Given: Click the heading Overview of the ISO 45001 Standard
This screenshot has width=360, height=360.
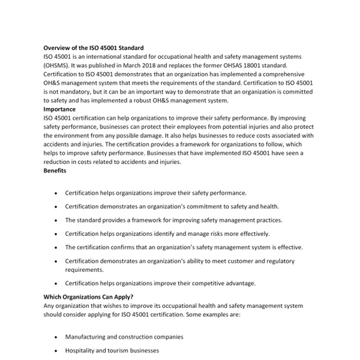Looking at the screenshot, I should tap(93, 48).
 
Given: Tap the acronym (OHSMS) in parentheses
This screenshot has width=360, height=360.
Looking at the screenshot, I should tap(59, 65).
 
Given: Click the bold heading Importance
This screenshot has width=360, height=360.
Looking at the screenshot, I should tap(59, 109).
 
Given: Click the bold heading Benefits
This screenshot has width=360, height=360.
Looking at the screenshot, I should tap(55, 171).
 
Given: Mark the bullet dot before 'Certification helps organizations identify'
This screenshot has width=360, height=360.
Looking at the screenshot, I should tap(55, 234).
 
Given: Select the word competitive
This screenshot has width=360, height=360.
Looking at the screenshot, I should tap(205, 283).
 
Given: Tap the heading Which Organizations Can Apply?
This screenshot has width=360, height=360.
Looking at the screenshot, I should tap(88, 297).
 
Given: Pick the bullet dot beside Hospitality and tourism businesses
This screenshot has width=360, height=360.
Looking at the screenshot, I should tap(55, 350).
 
